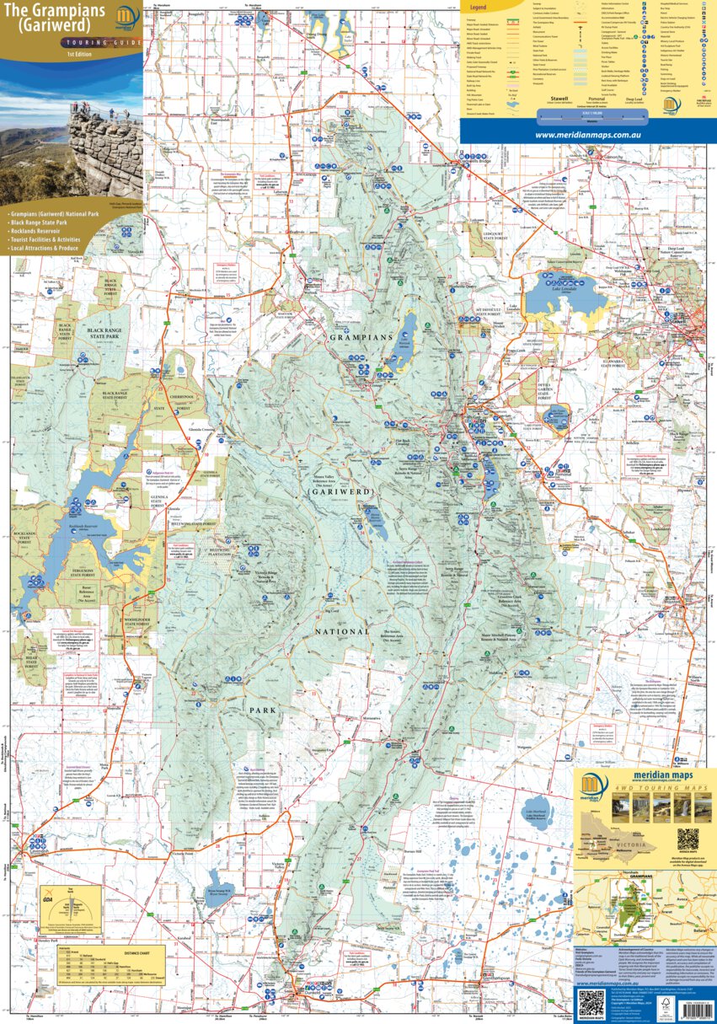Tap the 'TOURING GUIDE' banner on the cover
[56, 40]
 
